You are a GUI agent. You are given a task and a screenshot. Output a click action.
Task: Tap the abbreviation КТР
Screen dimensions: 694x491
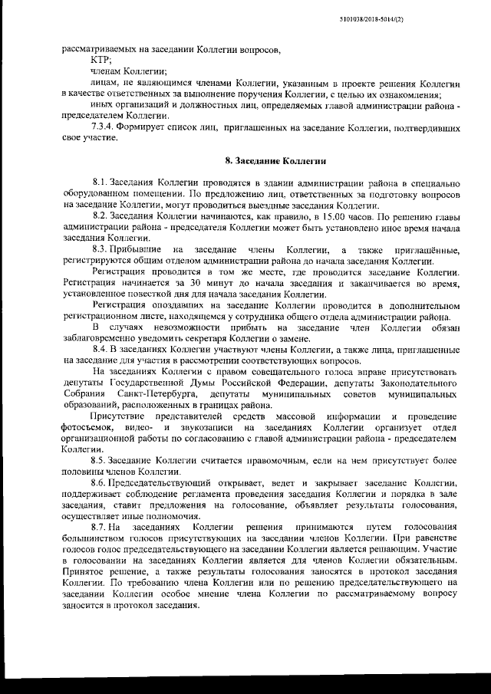(101, 59)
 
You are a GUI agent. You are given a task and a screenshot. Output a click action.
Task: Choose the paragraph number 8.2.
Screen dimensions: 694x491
(100, 217)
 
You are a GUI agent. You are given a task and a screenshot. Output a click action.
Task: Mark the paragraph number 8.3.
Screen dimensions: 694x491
(100, 250)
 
